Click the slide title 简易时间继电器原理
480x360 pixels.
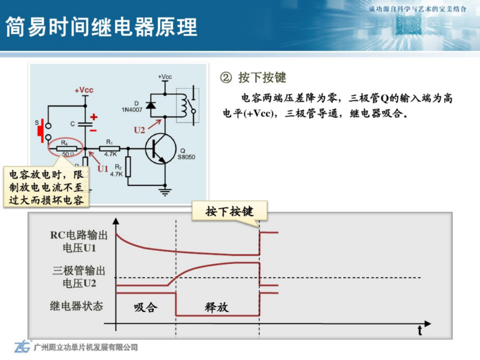click(x=101, y=27)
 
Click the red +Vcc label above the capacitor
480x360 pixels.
click(x=84, y=90)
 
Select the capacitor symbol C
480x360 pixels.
click(x=85, y=124)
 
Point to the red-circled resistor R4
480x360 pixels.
click(x=67, y=148)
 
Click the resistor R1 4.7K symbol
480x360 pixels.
click(x=109, y=148)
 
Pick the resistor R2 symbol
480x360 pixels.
click(x=128, y=167)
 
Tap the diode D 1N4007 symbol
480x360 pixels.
click(x=151, y=105)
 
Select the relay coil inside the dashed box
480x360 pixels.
click(x=183, y=106)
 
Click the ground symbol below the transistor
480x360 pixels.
click(x=165, y=192)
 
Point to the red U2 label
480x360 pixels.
click(x=139, y=130)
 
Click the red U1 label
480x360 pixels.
click(x=103, y=169)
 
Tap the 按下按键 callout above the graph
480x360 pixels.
click(x=230, y=211)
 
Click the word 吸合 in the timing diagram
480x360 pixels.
click(x=146, y=307)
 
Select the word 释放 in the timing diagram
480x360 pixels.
click(x=217, y=307)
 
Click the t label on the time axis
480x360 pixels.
click(x=420, y=331)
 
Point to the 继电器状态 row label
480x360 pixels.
click(x=76, y=306)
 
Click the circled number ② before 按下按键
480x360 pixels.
click(x=226, y=77)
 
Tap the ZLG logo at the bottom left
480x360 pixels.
click(x=23, y=347)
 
